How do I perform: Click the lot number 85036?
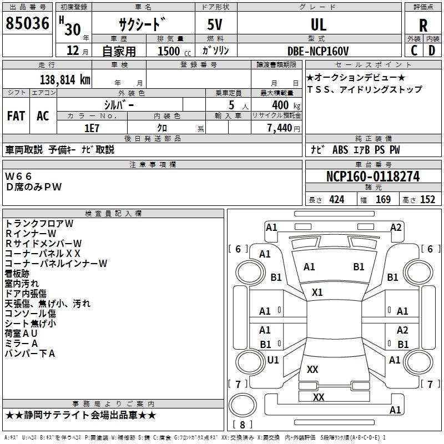click(x=27, y=24)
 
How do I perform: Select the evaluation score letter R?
click(x=423, y=25)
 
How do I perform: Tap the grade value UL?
click(x=319, y=24)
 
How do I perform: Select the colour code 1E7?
click(x=92, y=128)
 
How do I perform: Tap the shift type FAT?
click(x=16, y=115)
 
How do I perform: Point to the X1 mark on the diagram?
click(x=317, y=292)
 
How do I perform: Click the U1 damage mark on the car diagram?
click(x=273, y=360)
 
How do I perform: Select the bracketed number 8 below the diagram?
click(x=242, y=425)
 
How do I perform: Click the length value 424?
click(x=336, y=199)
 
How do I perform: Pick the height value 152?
click(x=427, y=199)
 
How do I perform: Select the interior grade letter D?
click(x=432, y=51)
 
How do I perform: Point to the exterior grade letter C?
click(x=413, y=51)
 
